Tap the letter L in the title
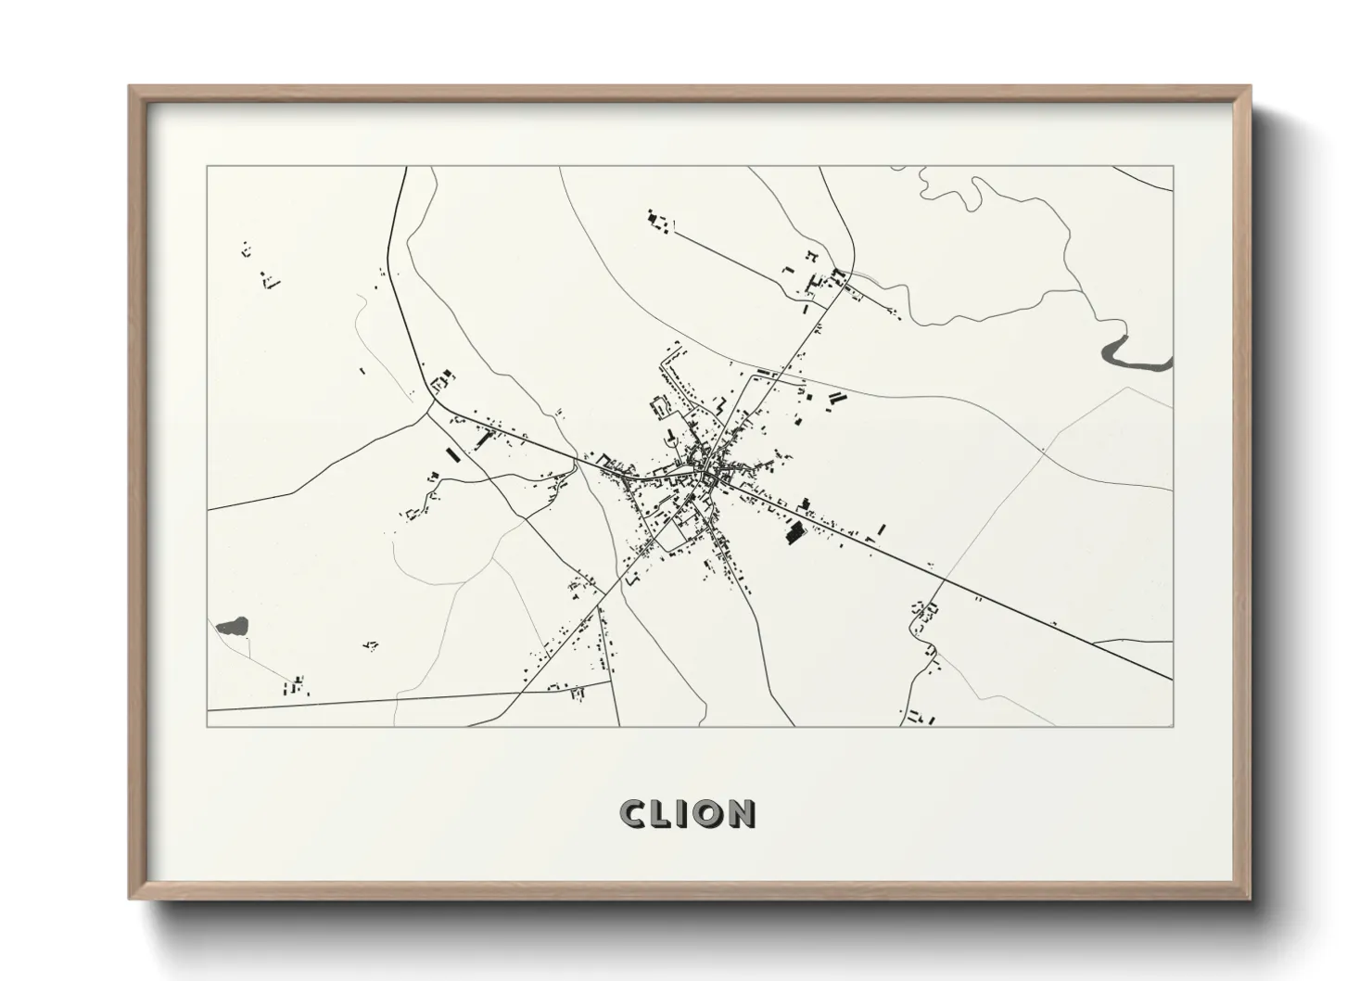pos(665,813)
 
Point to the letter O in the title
pos(709,813)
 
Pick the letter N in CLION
pos(741,813)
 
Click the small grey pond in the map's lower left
pos(232,627)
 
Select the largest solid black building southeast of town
pos(794,533)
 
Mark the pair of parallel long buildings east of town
pos(837,400)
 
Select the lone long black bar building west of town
pos(453,456)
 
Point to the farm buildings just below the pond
pos(297,687)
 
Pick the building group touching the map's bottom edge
pos(920,717)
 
